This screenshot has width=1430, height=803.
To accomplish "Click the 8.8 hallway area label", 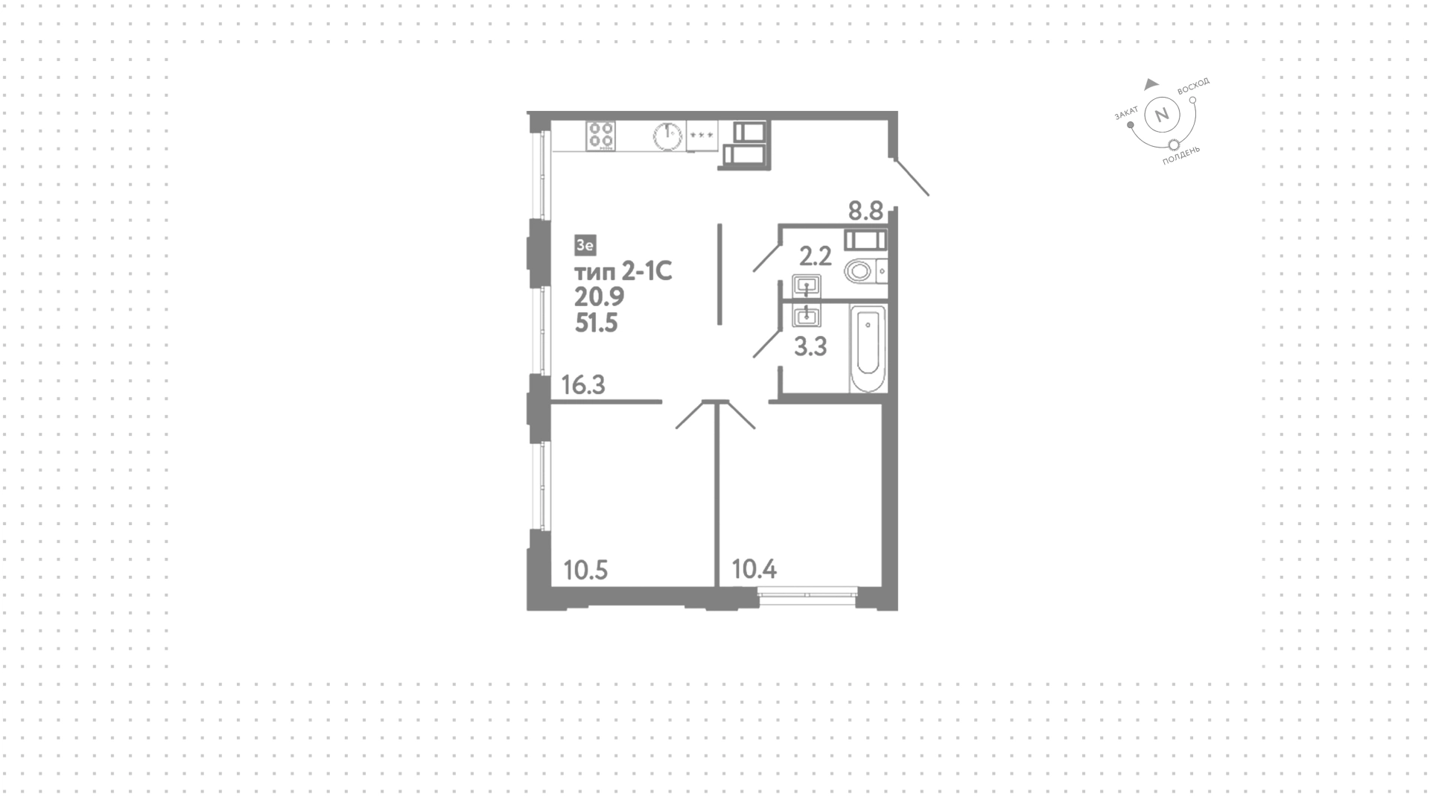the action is click(x=865, y=211).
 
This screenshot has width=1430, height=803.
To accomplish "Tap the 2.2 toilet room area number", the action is click(x=815, y=257).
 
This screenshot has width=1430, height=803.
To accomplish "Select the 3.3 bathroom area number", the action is click(x=810, y=346).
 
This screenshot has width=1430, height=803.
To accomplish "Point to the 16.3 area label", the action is click(x=583, y=385).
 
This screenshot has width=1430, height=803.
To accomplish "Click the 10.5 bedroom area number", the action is click(x=585, y=571).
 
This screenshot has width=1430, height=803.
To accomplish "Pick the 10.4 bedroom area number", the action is click(x=754, y=570).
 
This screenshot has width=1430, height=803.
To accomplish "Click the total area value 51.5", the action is click(x=597, y=323).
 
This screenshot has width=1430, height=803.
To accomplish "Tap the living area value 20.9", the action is click(x=599, y=297).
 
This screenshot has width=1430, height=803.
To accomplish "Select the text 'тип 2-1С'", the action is click(x=623, y=272).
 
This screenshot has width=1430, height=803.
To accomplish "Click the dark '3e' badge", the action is click(x=585, y=244).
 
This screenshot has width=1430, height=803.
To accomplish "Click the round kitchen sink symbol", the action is click(x=668, y=136).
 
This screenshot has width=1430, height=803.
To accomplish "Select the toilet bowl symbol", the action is click(x=862, y=270).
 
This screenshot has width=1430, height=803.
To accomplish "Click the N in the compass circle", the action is click(x=1160, y=115).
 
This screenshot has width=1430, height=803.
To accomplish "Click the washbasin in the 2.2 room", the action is click(x=806, y=285).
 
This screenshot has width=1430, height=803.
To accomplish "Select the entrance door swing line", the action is click(x=909, y=176).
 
